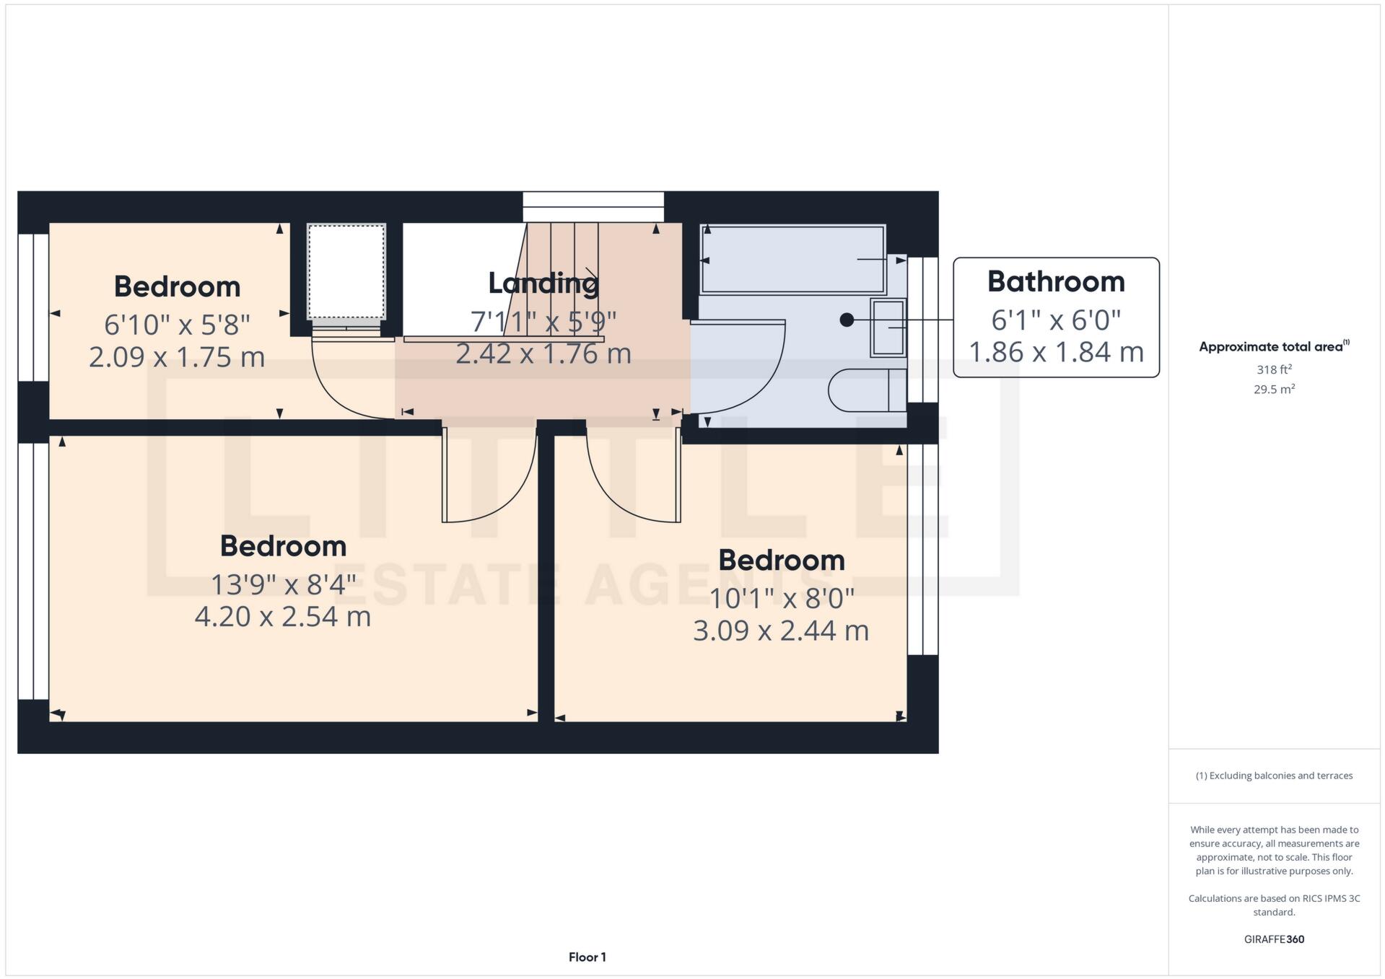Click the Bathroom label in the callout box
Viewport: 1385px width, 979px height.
[1055, 282]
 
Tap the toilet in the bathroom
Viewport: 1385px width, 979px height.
[866, 390]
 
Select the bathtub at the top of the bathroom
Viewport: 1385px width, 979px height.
[792, 259]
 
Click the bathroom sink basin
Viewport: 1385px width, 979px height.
[888, 328]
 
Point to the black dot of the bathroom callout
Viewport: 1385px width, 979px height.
[847, 320]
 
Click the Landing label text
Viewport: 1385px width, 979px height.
[543, 283]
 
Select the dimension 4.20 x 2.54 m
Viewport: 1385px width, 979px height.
[282, 617]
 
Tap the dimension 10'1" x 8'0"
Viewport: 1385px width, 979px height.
[781, 598]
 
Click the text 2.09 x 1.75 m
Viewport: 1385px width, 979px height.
[177, 357]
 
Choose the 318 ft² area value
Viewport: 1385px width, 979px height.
[1273, 369]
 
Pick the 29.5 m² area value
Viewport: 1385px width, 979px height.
[1273, 390]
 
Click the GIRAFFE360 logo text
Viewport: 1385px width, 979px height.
[1273, 939]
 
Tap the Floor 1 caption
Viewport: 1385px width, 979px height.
[587, 957]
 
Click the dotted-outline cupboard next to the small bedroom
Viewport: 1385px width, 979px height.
[346, 271]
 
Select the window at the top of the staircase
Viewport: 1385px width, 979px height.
[593, 206]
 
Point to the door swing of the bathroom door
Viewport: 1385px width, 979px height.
[751, 375]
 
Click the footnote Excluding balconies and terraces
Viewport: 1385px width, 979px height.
[1273, 776]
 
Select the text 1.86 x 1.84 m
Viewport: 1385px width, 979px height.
[1055, 352]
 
